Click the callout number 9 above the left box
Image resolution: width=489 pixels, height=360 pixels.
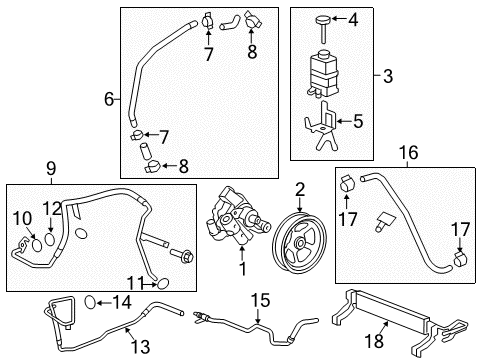point(50,169)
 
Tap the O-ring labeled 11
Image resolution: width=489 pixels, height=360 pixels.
point(162,285)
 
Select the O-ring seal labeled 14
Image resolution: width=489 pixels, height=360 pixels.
point(92,301)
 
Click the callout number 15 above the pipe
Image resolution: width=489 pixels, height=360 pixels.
point(261,299)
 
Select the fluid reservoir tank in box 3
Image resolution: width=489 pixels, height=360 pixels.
point(325,70)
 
